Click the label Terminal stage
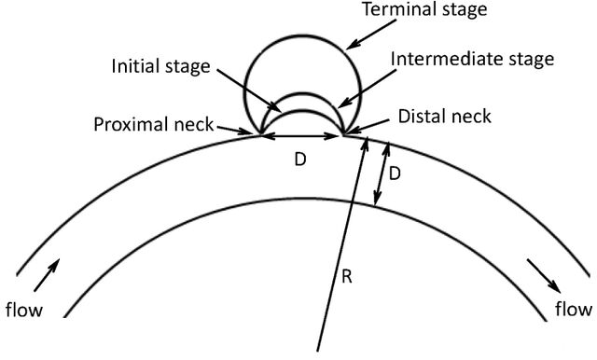[x=424, y=9]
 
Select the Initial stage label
[x=160, y=67]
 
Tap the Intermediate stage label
[x=473, y=60]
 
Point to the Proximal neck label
[x=153, y=124]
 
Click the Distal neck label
[x=445, y=116]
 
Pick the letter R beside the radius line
[x=346, y=277]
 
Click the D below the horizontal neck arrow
[x=300, y=159]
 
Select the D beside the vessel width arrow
[x=395, y=173]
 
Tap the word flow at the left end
[x=24, y=309]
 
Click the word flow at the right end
[x=574, y=309]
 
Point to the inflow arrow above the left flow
[x=47, y=275]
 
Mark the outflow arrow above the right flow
[x=544, y=276]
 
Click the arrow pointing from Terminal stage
[x=371, y=35]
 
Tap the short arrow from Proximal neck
[x=235, y=130]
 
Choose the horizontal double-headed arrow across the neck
[x=301, y=135]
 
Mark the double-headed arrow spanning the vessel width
[x=382, y=173]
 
